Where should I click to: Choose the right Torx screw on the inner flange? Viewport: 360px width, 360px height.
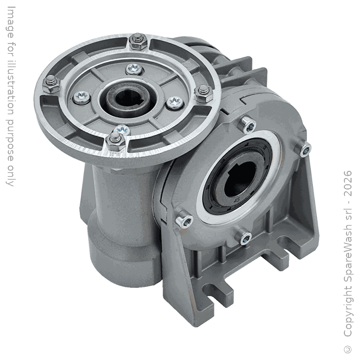tap(175, 102)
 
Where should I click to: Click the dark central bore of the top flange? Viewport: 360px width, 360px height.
tap(127, 98)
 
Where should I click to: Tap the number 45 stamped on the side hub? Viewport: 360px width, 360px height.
tap(237, 199)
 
